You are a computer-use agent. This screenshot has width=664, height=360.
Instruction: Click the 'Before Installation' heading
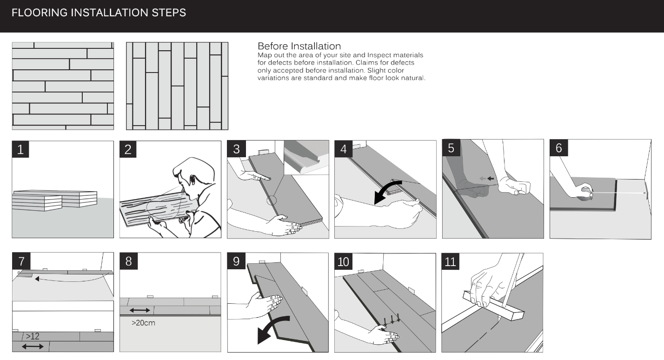coord(299,46)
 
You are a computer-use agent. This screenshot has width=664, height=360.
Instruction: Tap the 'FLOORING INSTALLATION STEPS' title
coord(99,13)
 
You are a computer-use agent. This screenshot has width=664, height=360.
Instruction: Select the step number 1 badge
coord(20,149)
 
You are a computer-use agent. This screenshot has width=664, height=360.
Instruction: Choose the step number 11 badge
coord(450,261)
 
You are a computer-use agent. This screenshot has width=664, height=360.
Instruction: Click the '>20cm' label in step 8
coord(144,323)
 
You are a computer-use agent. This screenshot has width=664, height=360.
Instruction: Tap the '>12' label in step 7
coord(33,336)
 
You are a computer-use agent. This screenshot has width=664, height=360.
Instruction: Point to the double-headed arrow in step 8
coord(140,311)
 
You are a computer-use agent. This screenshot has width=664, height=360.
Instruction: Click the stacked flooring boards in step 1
coord(55,200)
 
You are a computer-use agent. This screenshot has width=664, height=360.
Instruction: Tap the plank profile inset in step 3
coord(306,158)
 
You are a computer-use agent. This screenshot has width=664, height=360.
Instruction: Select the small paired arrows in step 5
coord(487,179)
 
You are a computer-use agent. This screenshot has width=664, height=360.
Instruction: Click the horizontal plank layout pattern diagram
coord(63,86)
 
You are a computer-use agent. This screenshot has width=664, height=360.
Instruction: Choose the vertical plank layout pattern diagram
coord(177,86)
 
